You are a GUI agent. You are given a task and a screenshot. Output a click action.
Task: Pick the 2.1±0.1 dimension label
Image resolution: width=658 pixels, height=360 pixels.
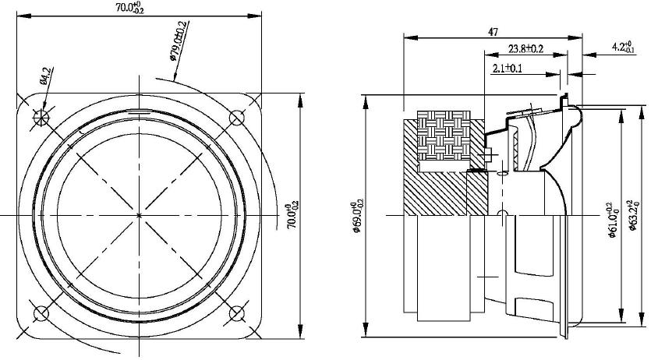(x=508, y=69)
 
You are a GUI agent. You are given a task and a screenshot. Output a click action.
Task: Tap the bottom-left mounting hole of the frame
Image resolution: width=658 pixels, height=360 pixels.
(x=41, y=313)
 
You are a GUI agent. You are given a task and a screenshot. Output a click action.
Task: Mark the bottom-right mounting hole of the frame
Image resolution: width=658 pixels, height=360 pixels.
(x=237, y=313)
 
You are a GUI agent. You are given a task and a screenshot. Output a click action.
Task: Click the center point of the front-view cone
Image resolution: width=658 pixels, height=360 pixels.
(x=139, y=214)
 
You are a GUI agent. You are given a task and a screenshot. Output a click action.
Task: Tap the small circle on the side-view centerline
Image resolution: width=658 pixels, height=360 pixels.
(x=502, y=214)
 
